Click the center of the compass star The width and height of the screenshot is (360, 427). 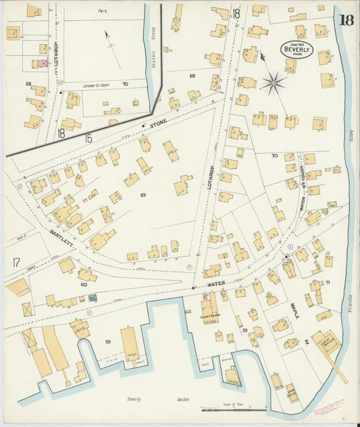pos(274,84)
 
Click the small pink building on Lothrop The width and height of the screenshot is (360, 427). pos(41,63)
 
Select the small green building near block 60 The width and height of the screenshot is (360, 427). pos(93,298)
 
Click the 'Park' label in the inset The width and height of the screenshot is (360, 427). pos(103,11)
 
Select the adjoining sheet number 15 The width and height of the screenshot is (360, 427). pos(88,138)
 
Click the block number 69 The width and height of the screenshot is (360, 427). pos(143,195)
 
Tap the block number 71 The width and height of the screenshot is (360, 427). pos(328,282)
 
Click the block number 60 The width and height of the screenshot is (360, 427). pos(84,284)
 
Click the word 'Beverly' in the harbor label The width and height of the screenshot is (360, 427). pos(134,399)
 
